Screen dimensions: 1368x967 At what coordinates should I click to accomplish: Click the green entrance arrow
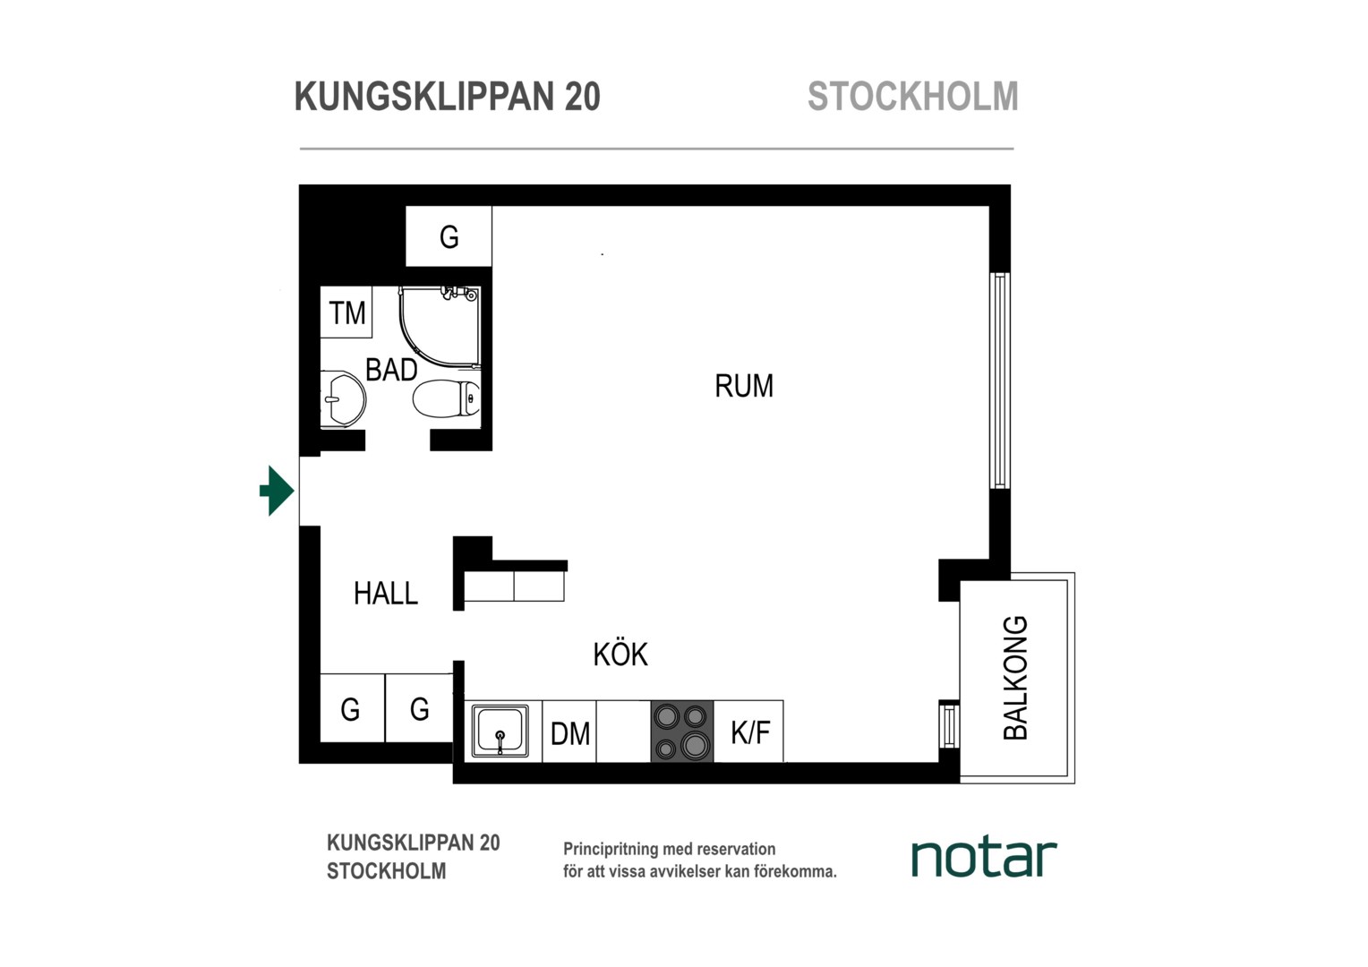[278, 491]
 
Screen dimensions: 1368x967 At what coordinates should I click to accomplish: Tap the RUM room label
[744, 386]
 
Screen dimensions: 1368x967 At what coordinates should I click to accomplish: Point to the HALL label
[386, 593]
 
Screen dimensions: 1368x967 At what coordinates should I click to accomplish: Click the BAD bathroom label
[391, 370]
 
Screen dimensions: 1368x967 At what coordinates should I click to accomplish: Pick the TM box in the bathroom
[346, 312]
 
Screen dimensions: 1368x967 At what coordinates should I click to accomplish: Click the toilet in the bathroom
[447, 399]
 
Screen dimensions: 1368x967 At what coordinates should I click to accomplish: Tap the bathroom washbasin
[343, 399]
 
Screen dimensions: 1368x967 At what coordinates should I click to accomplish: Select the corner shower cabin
[439, 327]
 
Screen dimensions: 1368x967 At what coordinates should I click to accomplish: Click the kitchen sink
[500, 731]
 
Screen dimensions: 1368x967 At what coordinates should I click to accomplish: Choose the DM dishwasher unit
[569, 732]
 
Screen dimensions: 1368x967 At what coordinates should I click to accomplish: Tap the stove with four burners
[682, 732]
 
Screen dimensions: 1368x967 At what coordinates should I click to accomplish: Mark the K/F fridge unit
[748, 732]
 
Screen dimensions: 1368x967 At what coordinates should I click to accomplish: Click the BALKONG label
[1015, 678]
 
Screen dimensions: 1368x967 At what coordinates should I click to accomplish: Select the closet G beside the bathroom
[449, 236]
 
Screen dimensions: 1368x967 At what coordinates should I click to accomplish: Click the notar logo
[984, 859]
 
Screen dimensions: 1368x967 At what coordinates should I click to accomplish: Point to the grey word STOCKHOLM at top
[913, 97]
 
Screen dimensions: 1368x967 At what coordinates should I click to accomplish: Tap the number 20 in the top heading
[583, 97]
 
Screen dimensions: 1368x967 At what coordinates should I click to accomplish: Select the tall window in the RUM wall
[1000, 381]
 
